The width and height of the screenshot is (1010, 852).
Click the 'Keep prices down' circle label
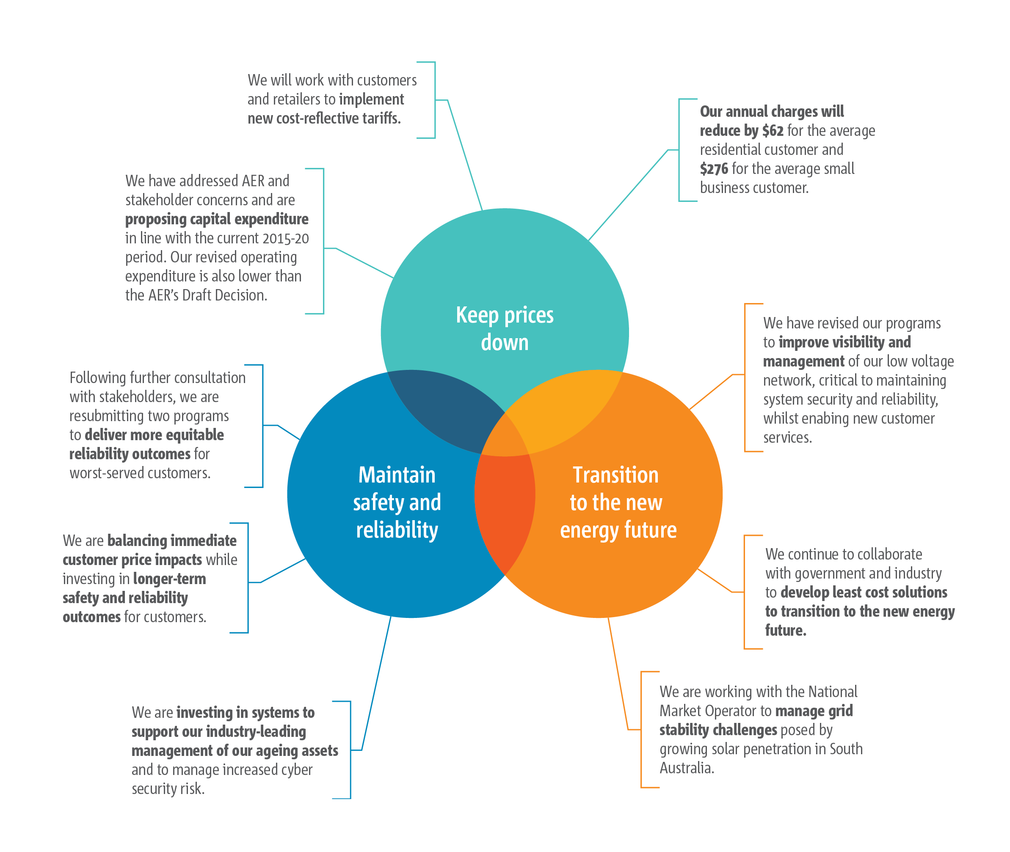504,328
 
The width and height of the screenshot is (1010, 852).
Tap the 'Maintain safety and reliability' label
397,502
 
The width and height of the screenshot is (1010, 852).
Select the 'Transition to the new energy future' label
617,502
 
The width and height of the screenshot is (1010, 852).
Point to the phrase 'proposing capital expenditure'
217,219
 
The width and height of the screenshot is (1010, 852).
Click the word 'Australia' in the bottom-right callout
686,768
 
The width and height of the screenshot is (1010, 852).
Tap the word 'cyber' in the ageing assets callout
295,769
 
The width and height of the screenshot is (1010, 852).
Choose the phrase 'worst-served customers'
140,473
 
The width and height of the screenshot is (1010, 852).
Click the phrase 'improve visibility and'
844,342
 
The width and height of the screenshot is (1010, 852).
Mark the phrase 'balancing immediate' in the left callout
172,540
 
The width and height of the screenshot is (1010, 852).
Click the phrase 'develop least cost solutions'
864,593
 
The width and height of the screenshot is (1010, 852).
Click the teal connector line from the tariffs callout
465,154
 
